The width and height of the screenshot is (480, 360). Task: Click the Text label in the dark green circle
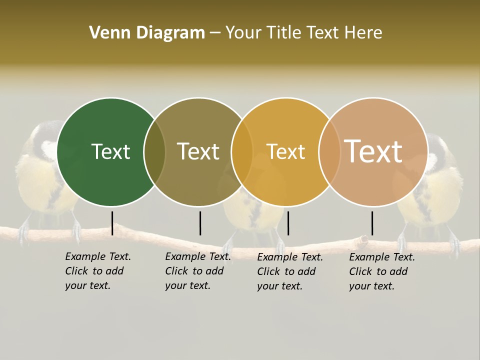(x=110, y=151)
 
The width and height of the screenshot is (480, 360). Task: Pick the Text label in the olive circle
(x=198, y=151)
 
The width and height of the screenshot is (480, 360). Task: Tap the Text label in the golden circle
(x=285, y=151)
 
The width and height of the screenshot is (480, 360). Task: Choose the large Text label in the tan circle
(x=373, y=151)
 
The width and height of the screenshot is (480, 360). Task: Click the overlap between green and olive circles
(x=155, y=152)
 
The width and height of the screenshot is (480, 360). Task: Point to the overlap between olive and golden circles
(x=242, y=152)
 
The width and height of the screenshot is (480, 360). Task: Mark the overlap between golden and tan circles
(x=329, y=152)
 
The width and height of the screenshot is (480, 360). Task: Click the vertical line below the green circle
(x=112, y=223)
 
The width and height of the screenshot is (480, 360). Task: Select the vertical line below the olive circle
(x=200, y=223)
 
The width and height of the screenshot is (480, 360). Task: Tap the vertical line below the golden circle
(x=288, y=223)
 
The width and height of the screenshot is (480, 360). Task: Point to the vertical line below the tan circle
(x=372, y=223)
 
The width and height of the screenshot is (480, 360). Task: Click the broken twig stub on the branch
(x=361, y=240)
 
